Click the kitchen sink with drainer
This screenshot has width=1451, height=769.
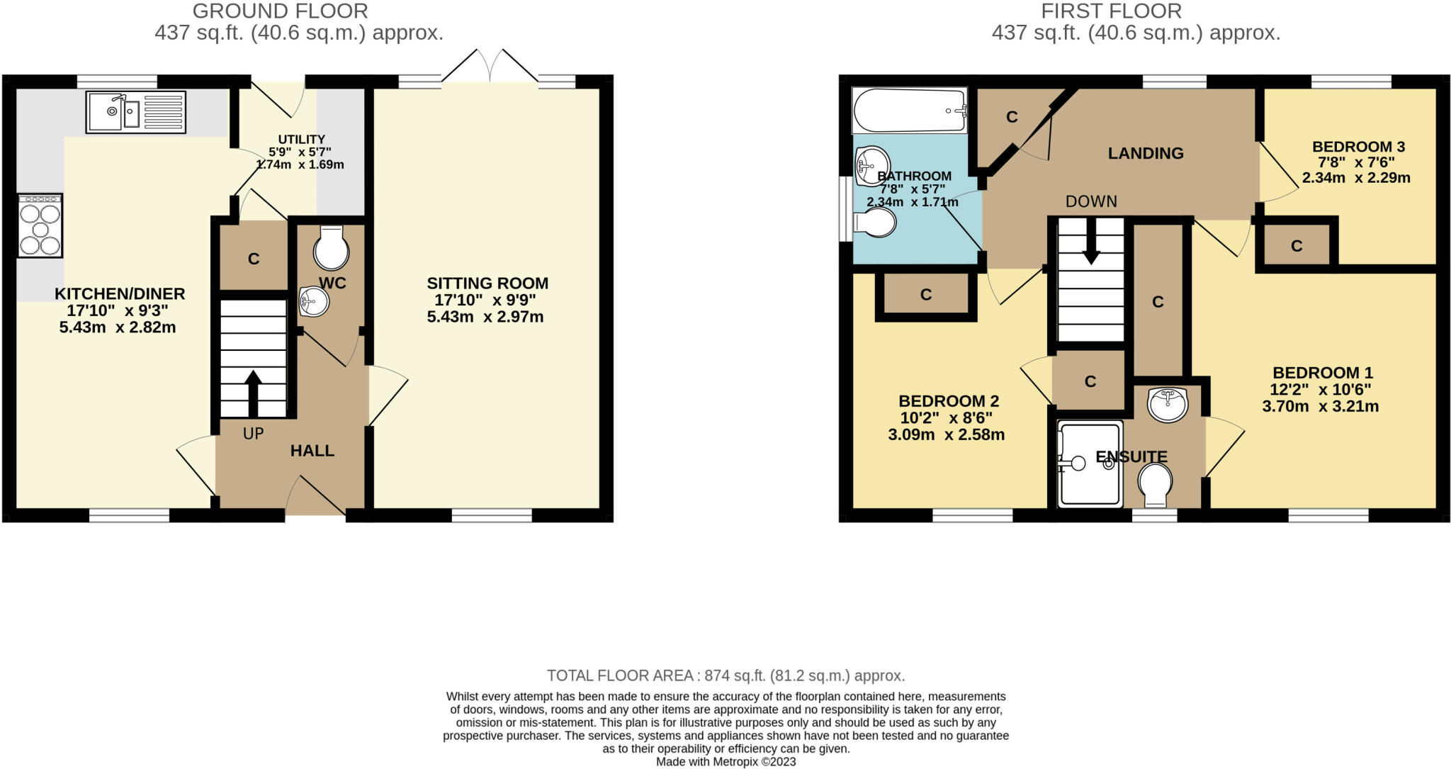click(135, 112)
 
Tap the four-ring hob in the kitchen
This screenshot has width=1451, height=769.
click(40, 225)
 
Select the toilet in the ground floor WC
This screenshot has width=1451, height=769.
click(332, 248)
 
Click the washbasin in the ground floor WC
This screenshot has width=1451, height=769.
click(313, 301)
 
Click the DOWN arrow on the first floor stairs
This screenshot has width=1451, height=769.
click(1091, 241)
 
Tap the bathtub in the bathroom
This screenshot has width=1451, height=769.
click(910, 111)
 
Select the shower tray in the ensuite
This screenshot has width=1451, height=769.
click(1090, 464)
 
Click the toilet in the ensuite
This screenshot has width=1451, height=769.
click(1155, 485)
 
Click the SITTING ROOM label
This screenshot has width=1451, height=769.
click(487, 283)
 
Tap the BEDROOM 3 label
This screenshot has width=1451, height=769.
click(1358, 147)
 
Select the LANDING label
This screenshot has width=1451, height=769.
click(1146, 153)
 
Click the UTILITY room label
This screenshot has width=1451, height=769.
click(302, 140)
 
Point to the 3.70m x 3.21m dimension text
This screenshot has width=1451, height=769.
click(1321, 407)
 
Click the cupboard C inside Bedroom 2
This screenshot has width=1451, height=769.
click(926, 295)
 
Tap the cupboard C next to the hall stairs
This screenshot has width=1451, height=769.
click(254, 259)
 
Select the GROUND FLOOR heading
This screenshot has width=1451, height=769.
click(281, 11)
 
